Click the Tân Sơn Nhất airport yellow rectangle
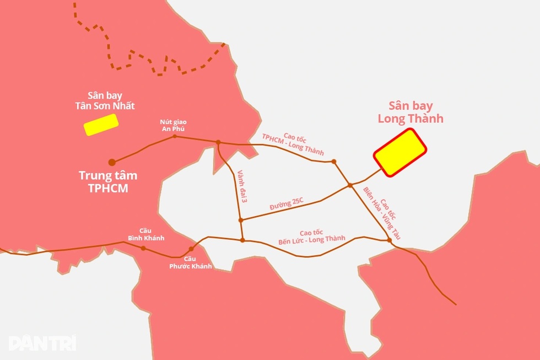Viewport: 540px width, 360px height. (x=101, y=125)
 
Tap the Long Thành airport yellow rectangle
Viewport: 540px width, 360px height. (x=400, y=153)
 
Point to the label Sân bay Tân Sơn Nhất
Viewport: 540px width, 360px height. (x=105, y=100)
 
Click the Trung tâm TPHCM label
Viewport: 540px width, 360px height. (x=108, y=181)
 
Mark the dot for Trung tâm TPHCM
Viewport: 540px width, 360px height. (x=112, y=162)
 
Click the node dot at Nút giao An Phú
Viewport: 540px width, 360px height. (x=175, y=136)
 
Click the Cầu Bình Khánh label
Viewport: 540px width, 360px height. (x=146, y=234)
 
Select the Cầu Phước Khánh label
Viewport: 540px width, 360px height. (x=190, y=262)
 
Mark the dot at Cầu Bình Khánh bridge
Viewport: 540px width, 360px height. (x=144, y=248)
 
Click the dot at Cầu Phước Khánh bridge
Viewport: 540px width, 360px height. (x=191, y=249)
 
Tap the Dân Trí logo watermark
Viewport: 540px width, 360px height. (x=42, y=342)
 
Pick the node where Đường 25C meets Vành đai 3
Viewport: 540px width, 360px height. (x=241, y=220)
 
